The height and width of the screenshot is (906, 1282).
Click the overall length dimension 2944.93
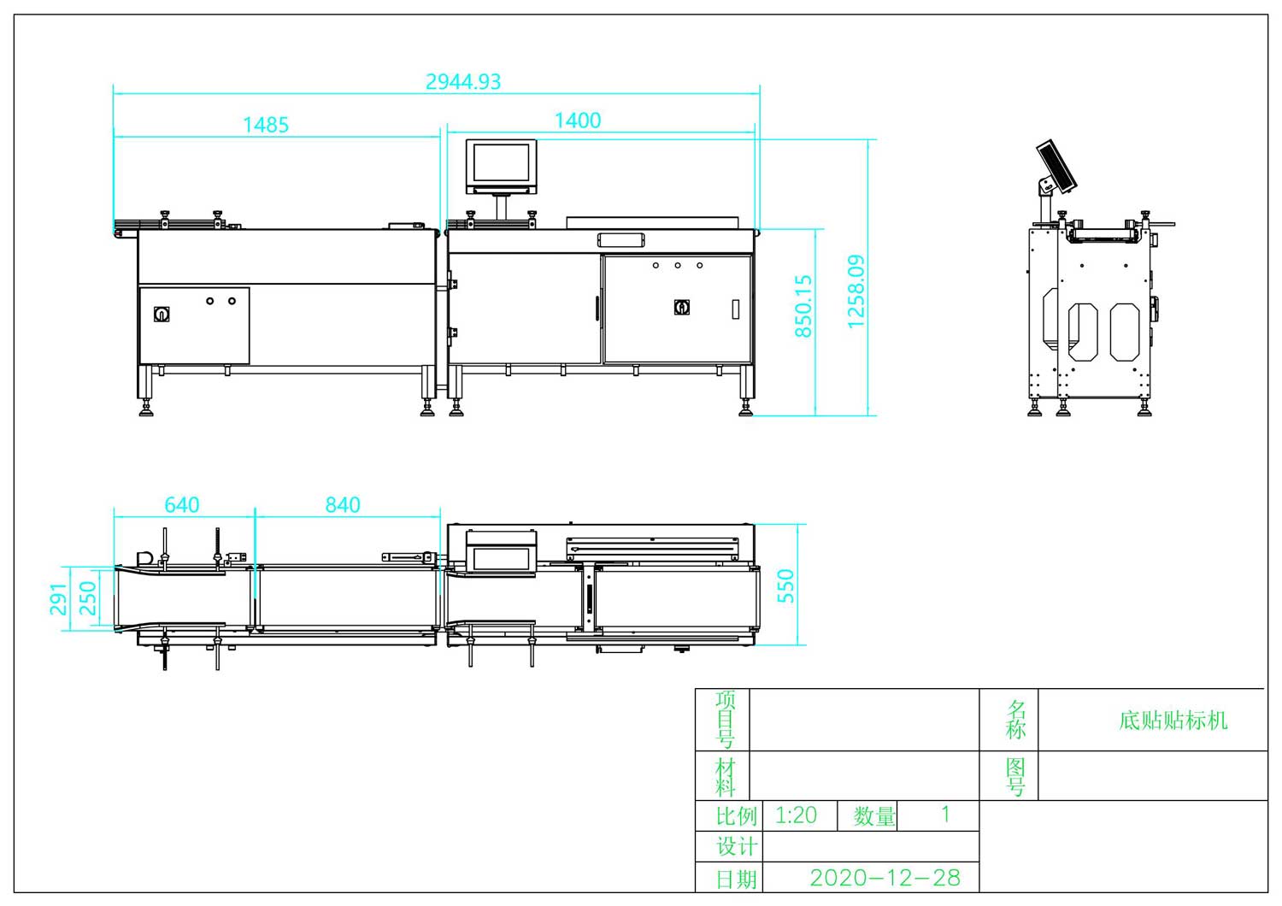pos(463,82)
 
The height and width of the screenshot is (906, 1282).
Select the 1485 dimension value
pos(266,125)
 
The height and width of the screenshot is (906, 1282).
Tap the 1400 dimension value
pos(578,121)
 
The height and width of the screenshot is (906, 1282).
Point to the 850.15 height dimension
pos(803,305)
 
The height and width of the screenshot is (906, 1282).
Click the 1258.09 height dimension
pos(856,291)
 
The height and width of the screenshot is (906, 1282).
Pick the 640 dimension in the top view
pos(182,505)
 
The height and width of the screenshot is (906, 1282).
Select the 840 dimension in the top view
pos(343,505)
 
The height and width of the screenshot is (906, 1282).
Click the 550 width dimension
pos(785,585)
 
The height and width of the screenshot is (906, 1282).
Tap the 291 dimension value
pos(57,598)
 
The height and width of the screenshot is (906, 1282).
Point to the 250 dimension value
pos(87,598)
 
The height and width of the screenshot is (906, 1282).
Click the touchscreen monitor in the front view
pos(501,167)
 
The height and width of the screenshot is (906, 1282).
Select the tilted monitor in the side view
pos(1056,166)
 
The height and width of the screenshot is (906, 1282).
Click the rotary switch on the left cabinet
pos(161,314)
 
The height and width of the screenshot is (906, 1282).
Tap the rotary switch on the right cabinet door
pos(682,307)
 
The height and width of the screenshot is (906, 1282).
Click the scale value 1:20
pos(796,815)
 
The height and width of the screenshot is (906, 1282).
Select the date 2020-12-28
pos(885,878)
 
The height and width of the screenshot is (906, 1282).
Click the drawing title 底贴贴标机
pos(1173,721)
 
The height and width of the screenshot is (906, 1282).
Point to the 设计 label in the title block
pos(736,846)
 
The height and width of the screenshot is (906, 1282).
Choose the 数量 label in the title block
pos(874,816)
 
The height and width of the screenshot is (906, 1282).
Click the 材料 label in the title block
pos(725,776)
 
